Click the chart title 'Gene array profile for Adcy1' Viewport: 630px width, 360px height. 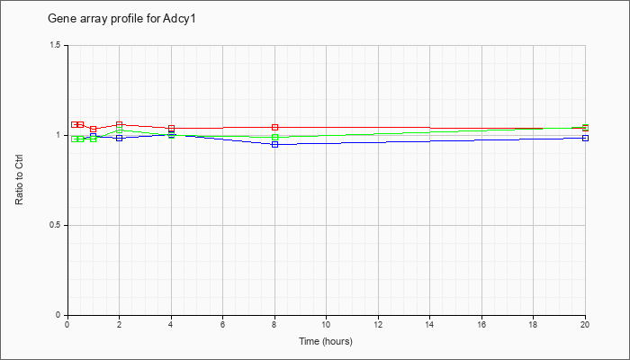(121, 19)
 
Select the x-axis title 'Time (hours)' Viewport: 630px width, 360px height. (326, 341)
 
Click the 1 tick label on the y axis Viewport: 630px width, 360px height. (59, 135)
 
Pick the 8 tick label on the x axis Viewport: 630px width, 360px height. (274, 325)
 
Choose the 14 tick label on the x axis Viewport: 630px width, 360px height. (430, 325)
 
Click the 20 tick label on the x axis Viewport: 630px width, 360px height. (585, 325)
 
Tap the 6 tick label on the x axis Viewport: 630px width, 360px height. (222, 325)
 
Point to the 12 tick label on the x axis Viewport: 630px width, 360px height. (378, 325)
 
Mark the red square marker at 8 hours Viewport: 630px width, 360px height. (274, 128)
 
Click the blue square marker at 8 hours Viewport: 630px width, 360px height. (274, 144)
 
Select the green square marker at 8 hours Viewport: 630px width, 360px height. (274, 137)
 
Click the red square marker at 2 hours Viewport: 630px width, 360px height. (119, 125)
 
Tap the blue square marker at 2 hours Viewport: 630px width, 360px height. (119, 138)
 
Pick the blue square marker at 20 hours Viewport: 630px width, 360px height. (585, 138)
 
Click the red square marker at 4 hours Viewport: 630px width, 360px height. (171, 129)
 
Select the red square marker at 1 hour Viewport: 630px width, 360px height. (94, 130)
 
